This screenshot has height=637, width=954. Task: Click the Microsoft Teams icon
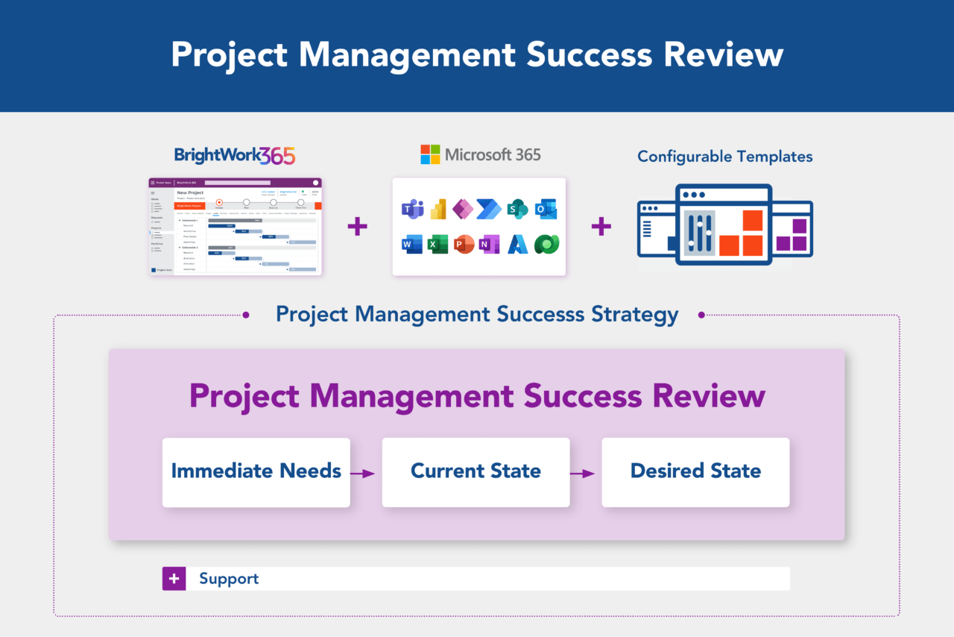point(413,210)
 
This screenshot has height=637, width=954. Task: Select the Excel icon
point(438,244)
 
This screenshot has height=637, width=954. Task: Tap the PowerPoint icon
point(464,244)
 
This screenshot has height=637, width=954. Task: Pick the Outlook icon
point(546,210)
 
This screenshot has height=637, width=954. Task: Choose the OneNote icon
point(490,244)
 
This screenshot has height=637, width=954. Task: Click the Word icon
point(412,244)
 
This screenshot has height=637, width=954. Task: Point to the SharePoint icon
point(517,210)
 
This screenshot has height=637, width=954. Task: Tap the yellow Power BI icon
point(438,210)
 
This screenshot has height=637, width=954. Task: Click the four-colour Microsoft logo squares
point(430,154)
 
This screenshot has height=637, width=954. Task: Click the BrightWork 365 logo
point(235,155)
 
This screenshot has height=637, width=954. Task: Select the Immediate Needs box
point(256,472)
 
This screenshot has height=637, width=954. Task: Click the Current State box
point(476,472)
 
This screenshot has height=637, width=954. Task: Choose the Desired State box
point(695,472)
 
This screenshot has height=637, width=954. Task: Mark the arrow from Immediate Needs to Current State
point(363,473)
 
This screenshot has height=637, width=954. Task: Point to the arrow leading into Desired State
point(583,473)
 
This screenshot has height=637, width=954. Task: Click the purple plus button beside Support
point(174,579)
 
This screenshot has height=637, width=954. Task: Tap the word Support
point(229,579)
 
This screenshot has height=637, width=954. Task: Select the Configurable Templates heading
point(724,157)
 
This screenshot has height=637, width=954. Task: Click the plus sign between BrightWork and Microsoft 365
point(358,227)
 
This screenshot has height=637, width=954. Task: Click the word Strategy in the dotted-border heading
point(635,314)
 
